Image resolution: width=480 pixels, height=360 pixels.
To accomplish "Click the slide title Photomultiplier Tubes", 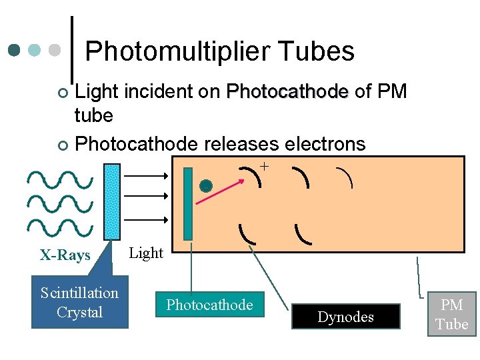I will pos(219,51).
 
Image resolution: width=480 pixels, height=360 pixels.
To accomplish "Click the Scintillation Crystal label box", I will pos(79,303).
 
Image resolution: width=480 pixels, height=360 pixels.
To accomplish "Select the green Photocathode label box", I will pos(209,305).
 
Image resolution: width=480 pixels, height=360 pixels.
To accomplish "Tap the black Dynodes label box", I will pos(345,317).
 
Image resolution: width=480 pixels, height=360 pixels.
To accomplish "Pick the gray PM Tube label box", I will pos(452,315).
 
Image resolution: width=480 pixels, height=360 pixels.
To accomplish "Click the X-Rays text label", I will pos(65,255).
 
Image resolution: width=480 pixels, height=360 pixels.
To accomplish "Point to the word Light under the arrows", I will pos(145,253).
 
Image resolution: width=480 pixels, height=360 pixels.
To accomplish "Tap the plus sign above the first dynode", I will pos(265,166).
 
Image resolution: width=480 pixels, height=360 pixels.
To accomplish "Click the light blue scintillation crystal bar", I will pos(113,201).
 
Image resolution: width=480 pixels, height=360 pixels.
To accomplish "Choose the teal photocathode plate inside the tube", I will pos(188,203).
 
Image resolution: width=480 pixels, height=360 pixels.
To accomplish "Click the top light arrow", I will pos(147,175).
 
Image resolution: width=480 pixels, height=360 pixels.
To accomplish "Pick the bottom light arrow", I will pos(147,217).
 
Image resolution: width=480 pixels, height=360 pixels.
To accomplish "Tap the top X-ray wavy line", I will pos(60,179).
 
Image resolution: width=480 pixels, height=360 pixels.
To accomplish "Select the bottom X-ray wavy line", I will pos(60,227).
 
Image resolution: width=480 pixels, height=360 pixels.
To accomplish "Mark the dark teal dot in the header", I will pos(15,50).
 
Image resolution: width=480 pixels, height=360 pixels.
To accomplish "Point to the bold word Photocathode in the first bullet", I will pos(287,91).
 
